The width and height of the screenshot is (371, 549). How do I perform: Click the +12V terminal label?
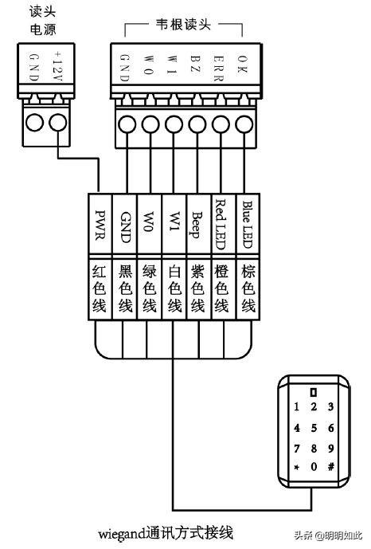pyautogui.click(x=57, y=66)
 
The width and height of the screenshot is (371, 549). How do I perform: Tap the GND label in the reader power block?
pyautogui.click(x=33, y=66)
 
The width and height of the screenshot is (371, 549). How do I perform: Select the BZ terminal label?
pyautogui.click(x=195, y=63)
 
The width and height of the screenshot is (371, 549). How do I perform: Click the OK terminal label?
pyautogui.click(x=242, y=64)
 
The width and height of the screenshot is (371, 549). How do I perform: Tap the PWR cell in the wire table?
pyautogui.click(x=100, y=224)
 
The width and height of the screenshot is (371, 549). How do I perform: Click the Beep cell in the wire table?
pyautogui.click(x=199, y=224)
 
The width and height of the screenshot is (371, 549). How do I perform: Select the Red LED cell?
pyautogui.click(x=223, y=224)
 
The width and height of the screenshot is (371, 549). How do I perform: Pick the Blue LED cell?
pyautogui.click(x=248, y=224)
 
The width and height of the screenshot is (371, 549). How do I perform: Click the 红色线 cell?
pyautogui.click(x=100, y=289)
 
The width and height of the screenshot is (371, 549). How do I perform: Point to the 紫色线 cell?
pyautogui.click(x=198, y=289)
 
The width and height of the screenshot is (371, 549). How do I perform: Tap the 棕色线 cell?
pyautogui.click(x=248, y=289)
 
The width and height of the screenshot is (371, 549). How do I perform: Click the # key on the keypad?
pyautogui.click(x=330, y=466)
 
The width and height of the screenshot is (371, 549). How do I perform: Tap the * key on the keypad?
pyautogui.click(x=297, y=467)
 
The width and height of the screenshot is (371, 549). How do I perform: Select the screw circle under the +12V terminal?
pyautogui.click(x=57, y=123)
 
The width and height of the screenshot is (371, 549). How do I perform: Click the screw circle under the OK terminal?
pyautogui.click(x=244, y=124)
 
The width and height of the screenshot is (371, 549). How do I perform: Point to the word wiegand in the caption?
pyautogui.click(x=121, y=534)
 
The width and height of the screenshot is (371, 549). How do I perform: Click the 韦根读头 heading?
pyautogui.click(x=184, y=25)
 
